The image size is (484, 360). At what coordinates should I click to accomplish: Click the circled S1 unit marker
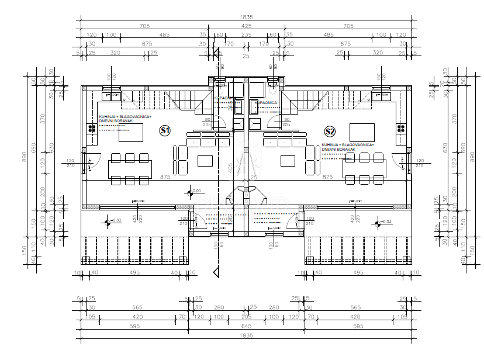tap(165, 131)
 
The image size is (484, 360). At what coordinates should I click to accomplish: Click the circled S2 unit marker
tap(330, 131)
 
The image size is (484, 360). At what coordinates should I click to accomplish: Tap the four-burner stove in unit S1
tap(93, 129)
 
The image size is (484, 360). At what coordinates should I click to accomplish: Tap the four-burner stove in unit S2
tap(401, 129)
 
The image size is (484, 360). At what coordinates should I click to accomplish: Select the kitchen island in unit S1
tap(131, 133)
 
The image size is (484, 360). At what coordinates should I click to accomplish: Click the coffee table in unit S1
tap(205, 161)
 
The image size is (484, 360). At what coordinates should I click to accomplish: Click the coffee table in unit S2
tap(288, 161)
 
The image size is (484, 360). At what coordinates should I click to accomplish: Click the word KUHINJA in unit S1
tap(107, 116)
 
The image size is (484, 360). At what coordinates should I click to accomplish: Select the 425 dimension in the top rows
tap(246, 26)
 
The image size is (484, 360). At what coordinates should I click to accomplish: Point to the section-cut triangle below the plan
tap(217, 272)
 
